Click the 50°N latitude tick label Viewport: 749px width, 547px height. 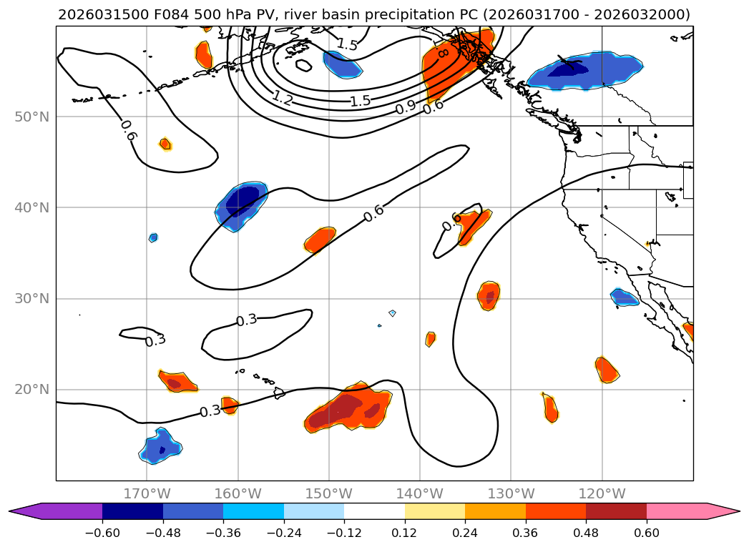tap(32, 117)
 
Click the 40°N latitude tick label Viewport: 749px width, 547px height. tap(32, 207)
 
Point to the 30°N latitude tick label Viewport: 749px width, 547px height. tap(32, 298)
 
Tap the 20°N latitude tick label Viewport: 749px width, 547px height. tap(32, 389)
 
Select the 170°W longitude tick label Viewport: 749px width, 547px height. tap(147, 493)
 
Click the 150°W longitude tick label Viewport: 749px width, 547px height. tap(329, 493)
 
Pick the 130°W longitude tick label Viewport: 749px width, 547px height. tap(511, 493)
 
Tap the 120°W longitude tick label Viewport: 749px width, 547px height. tap(602, 493)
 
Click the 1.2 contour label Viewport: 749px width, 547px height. tap(283, 99)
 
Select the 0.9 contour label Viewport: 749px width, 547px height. tap(406, 108)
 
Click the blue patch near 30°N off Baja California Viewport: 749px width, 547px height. tap(624, 297)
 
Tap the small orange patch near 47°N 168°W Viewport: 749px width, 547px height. tap(165, 144)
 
